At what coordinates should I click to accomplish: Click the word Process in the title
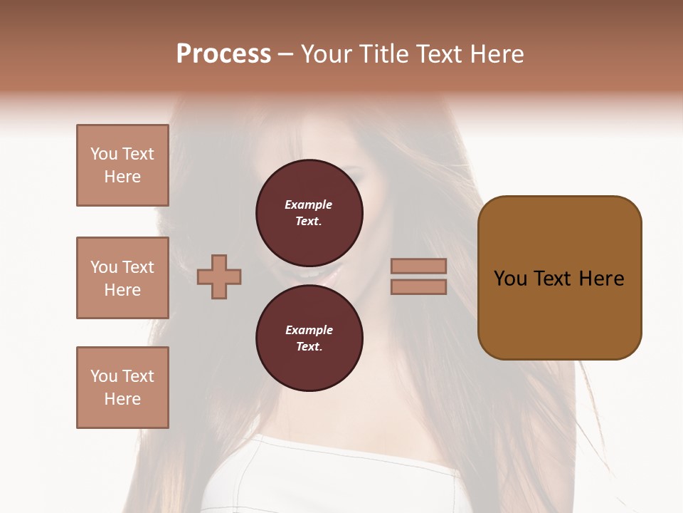pyautogui.click(x=223, y=54)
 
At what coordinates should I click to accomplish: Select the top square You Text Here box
pyautogui.click(x=122, y=165)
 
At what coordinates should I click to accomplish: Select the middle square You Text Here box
pyautogui.click(x=122, y=278)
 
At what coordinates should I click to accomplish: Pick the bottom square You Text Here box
pyautogui.click(x=122, y=388)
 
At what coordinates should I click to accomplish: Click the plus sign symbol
pyautogui.click(x=219, y=276)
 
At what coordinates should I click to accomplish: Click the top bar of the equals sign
pyautogui.click(x=418, y=266)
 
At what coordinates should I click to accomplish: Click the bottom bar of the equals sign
pyautogui.click(x=418, y=286)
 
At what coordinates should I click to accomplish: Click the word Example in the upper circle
pyautogui.click(x=309, y=204)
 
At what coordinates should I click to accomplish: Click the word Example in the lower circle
pyautogui.click(x=309, y=330)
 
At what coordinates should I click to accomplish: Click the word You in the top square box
pyautogui.click(x=104, y=154)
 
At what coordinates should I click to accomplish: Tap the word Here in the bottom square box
pyautogui.click(x=122, y=399)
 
